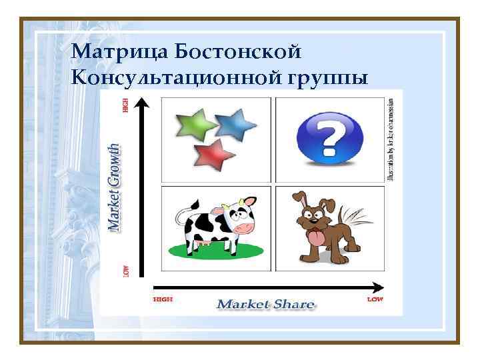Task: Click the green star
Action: (194, 124)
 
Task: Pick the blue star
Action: (237, 121)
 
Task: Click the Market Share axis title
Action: (265, 305)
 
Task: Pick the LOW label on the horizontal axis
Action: (375, 299)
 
